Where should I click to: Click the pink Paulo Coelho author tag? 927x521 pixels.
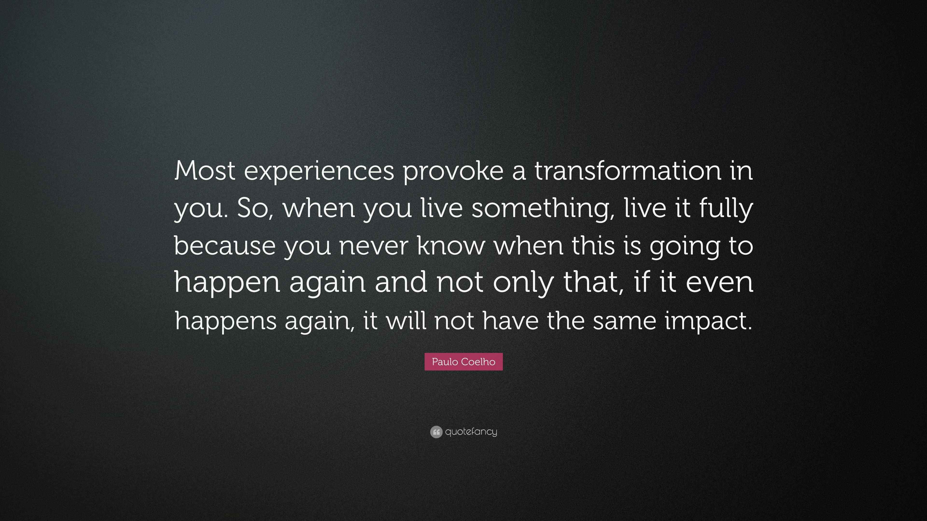pyautogui.click(x=463, y=362)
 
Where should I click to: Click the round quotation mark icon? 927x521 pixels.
pyautogui.click(x=436, y=432)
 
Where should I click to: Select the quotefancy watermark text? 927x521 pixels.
pyautogui.click(x=471, y=432)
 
